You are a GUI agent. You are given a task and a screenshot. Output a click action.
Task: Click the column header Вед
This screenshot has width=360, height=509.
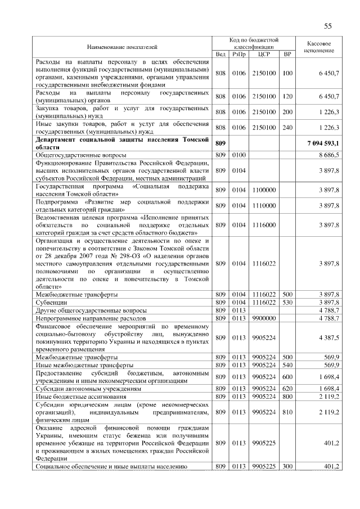(x=220, y=54)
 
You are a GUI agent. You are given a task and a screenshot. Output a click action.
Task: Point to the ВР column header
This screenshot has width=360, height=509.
(x=287, y=54)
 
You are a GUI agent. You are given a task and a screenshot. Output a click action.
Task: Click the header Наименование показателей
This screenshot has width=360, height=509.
(x=122, y=47)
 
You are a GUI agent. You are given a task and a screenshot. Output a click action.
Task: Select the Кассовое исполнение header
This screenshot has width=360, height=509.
(x=319, y=47)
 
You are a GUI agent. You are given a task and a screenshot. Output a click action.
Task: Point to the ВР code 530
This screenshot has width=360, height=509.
(x=287, y=303)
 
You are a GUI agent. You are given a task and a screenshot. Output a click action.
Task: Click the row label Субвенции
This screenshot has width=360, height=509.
(x=48, y=303)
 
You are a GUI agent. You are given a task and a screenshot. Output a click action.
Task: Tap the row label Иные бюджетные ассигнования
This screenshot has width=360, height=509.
(x=74, y=397)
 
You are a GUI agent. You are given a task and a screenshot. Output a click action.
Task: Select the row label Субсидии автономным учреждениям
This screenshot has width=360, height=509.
(x=80, y=389)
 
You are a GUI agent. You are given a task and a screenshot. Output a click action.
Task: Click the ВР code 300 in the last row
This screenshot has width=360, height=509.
(x=287, y=466)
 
